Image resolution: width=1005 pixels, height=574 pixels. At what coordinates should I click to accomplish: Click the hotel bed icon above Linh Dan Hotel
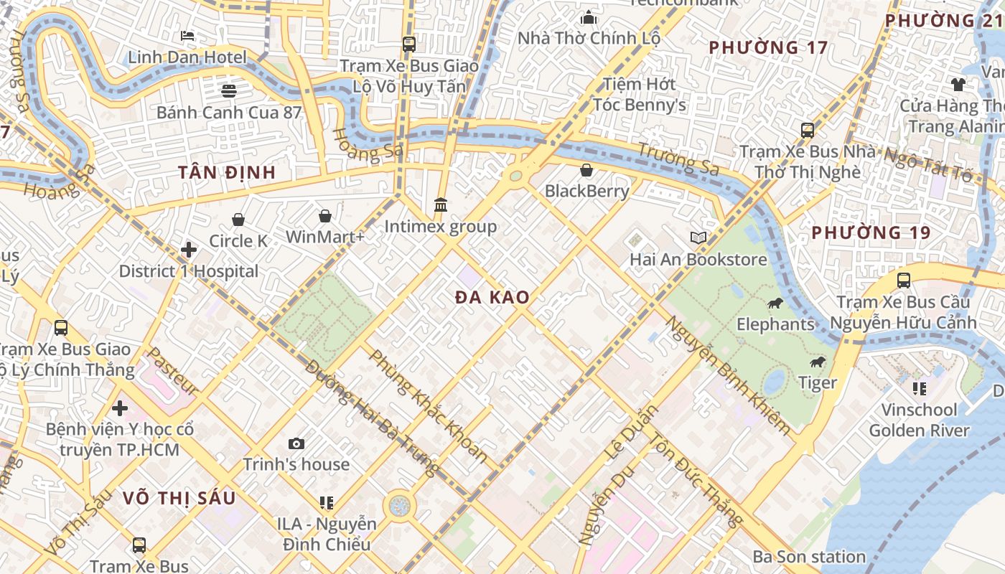click(187, 35)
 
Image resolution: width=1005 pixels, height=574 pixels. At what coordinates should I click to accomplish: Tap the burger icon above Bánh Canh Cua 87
click(229, 90)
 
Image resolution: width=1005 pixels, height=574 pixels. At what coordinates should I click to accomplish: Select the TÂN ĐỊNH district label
click(227, 172)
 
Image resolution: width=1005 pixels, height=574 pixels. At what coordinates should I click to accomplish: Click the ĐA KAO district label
click(492, 298)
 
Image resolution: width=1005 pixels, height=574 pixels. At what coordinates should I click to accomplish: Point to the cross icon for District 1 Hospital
click(189, 250)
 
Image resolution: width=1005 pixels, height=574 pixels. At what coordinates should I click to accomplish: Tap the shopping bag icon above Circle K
click(238, 220)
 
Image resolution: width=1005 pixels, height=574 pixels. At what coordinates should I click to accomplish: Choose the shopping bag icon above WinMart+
click(325, 216)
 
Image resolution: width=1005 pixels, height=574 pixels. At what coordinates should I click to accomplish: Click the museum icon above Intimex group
click(441, 205)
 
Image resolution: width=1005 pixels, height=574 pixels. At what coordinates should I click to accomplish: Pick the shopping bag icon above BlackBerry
click(586, 170)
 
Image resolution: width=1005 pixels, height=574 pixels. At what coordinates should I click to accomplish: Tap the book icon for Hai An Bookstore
click(698, 237)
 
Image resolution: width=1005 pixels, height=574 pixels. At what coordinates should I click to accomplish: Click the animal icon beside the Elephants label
click(775, 304)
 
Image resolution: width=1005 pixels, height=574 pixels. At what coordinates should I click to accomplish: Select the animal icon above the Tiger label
click(818, 362)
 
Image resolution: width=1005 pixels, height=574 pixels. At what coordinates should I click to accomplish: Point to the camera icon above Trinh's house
click(296, 443)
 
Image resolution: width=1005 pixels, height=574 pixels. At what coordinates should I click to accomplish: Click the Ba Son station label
click(809, 557)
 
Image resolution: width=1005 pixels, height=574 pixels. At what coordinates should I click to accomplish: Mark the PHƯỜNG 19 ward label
click(871, 232)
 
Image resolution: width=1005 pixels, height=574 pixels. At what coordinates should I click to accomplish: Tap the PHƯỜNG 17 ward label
click(768, 48)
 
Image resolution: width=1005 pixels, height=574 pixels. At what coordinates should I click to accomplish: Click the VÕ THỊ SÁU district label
click(179, 498)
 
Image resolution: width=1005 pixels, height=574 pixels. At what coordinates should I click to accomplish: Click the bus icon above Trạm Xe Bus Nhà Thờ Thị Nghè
click(808, 131)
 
